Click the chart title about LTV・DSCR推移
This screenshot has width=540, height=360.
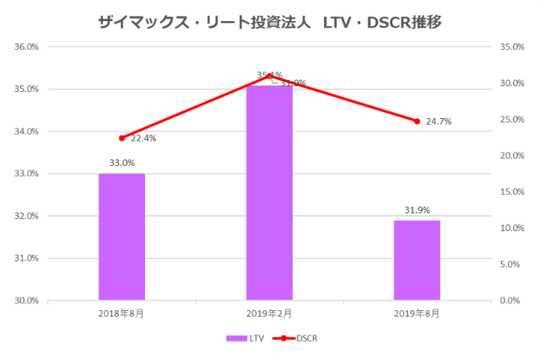pyautogui.click(x=270, y=19)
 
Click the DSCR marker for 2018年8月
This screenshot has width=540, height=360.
pyautogui.click(x=121, y=137)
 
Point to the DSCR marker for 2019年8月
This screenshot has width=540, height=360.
pyautogui.click(x=417, y=121)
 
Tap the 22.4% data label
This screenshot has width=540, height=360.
pyautogui.click(x=143, y=138)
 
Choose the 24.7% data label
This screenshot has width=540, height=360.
pyautogui.click(x=438, y=121)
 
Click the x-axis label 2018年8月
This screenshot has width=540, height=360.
pyautogui.click(x=121, y=313)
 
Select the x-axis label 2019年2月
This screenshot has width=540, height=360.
pyautogui.click(x=269, y=313)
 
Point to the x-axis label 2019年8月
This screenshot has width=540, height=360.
pyautogui.click(x=417, y=313)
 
